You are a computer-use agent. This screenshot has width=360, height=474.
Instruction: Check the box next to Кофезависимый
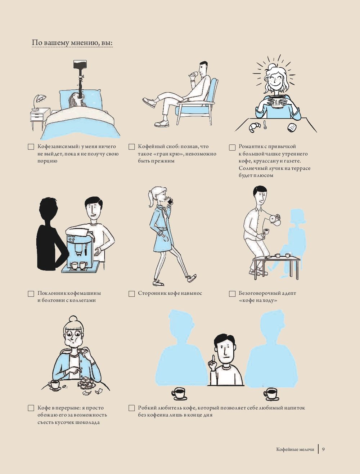[31, 147]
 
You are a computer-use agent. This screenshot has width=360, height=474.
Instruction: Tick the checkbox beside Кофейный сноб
[132, 147]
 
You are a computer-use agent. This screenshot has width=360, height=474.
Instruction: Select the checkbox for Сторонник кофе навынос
[132, 294]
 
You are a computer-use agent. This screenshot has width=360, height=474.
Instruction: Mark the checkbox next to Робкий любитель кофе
[132, 408]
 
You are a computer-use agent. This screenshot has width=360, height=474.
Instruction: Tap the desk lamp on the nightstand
[39, 101]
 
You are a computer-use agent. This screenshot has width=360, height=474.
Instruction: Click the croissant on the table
[254, 127]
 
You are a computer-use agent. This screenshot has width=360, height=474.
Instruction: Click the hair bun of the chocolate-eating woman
[73, 319]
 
